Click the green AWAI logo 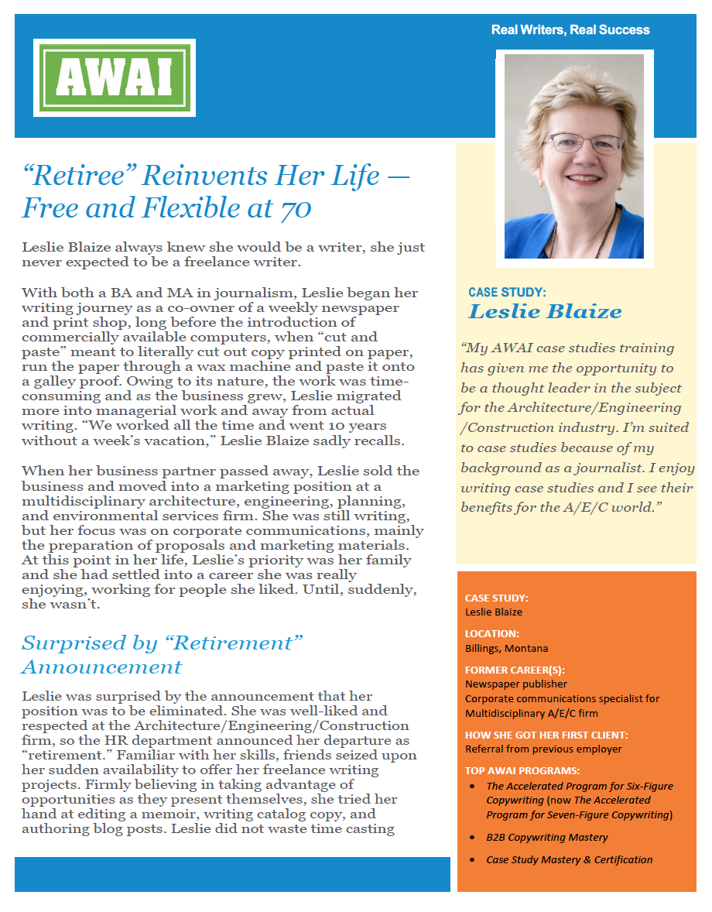click(115, 77)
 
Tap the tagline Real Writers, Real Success click(570, 30)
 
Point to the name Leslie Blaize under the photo click(545, 312)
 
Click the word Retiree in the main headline click(78, 176)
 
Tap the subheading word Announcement click(101, 667)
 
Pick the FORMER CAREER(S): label click(514, 670)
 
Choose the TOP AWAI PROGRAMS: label click(522, 771)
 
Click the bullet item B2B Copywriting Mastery click(546, 837)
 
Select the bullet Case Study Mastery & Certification click(569, 859)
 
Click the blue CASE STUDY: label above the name click(507, 293)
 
